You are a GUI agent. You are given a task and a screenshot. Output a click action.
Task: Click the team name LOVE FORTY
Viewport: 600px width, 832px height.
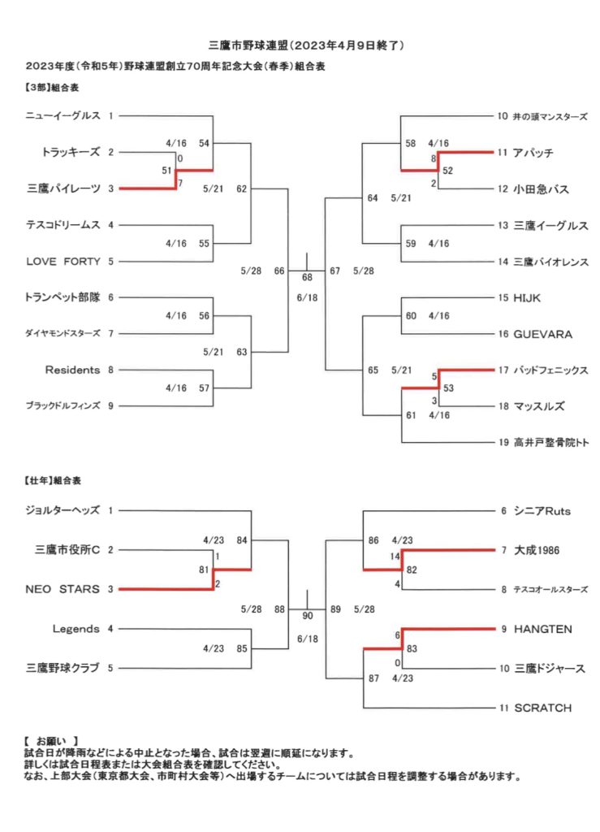click(63, 261)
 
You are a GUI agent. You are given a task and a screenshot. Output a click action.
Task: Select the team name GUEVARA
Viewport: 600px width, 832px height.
click(542, 334)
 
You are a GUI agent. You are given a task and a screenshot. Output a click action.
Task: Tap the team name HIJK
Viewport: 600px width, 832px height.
click(527, 298)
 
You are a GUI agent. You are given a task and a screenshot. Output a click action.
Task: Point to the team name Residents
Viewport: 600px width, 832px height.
click(72, 370)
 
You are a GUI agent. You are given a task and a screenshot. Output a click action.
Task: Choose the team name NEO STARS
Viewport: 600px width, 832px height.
click(63, 589)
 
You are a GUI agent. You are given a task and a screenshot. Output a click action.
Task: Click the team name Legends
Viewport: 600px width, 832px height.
click(76, 629)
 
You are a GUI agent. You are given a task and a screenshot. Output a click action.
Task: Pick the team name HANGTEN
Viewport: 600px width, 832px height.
click(542, 630)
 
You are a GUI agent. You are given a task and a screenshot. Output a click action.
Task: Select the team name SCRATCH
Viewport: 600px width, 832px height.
click(542, 708)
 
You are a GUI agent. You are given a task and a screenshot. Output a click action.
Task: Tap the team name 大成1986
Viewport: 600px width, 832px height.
click(537, 550)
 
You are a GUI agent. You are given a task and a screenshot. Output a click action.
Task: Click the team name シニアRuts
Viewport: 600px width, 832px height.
click(542, 511)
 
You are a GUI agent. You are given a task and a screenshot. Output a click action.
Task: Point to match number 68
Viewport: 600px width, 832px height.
click(308, 278)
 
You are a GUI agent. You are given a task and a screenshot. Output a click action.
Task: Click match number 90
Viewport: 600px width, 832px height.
click(308, 616)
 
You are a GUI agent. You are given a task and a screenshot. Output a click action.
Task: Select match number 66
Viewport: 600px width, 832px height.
click(279, 271)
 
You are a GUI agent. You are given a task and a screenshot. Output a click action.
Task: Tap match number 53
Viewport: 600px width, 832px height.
click(448, 388)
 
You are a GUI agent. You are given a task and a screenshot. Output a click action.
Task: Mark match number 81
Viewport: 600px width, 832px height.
click(204, 570)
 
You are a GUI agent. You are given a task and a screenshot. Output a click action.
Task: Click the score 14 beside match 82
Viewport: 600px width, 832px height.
click(395, 557)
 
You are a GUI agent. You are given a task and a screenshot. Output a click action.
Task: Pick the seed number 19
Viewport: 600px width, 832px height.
click(503, 443)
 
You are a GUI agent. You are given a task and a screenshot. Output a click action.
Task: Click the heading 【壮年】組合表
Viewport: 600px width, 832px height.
click(53, 481)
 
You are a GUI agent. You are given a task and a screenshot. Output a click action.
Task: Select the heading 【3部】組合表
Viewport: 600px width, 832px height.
click(51, 88)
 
